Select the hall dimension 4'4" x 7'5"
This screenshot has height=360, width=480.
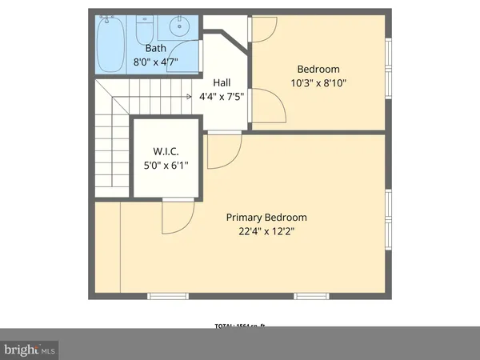tap(222, 96)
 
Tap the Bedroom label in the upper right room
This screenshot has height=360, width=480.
tap(318, 69)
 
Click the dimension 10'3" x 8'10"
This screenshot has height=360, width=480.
tap(318, 82)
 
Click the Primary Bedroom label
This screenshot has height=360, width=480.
tap(266, 218)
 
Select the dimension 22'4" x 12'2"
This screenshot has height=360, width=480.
tap(266, 231)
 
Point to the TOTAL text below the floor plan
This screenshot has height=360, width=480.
tap(239, 326)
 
